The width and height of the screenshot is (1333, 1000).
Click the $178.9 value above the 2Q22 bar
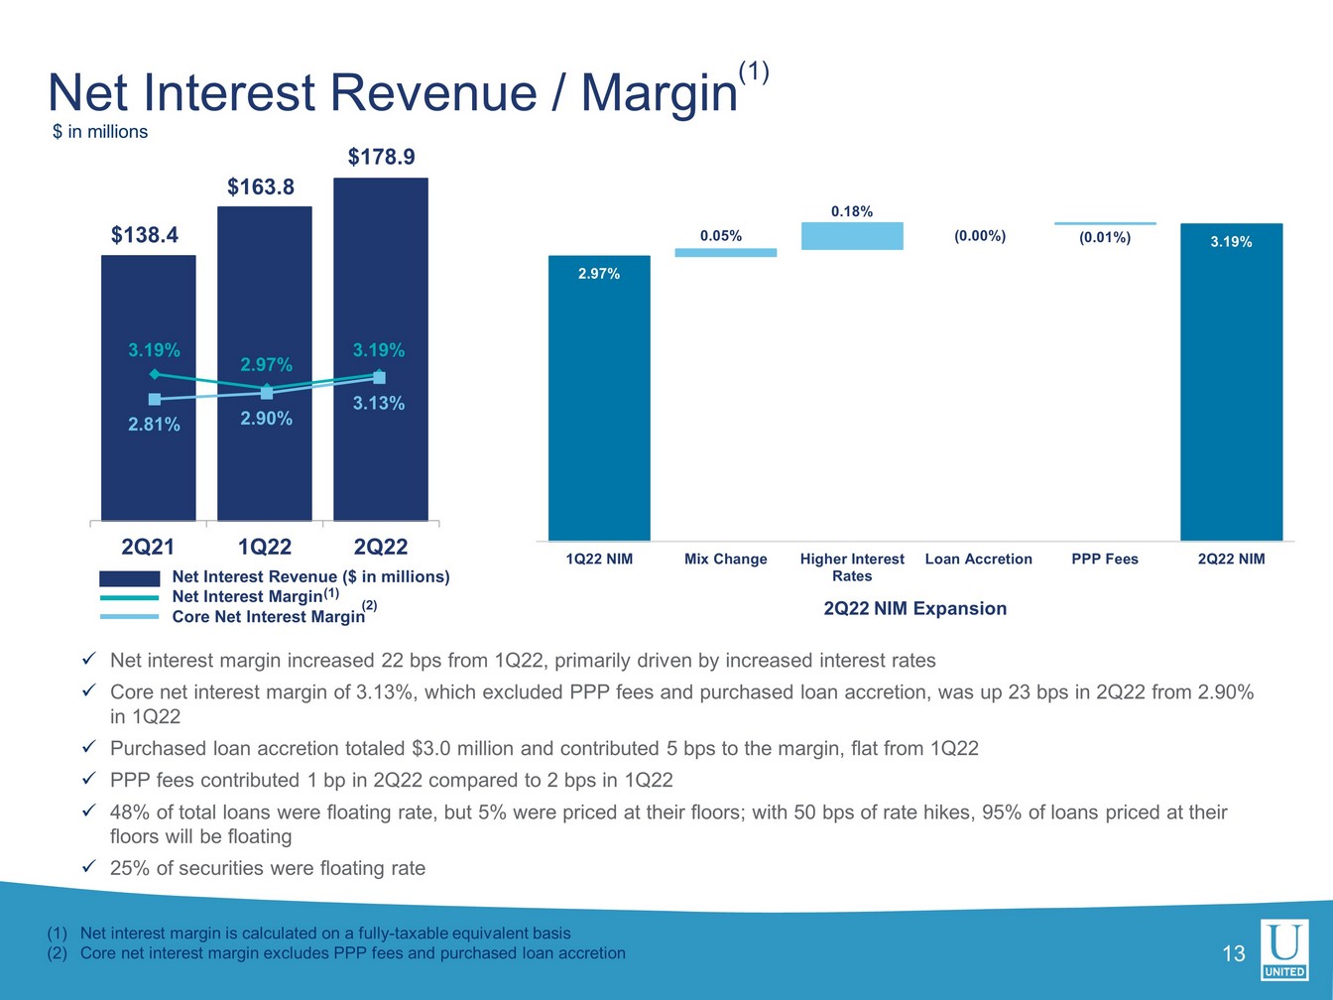[381, 157]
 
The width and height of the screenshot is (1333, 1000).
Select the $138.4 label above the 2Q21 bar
[145, 235]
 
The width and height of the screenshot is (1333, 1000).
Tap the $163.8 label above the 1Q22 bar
[261, 187]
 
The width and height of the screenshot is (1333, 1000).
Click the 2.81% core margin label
[154, 425]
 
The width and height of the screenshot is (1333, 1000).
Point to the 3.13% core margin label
[379, 403]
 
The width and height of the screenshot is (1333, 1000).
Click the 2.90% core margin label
[266, 419]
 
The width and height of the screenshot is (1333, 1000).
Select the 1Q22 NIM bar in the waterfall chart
[599, 397]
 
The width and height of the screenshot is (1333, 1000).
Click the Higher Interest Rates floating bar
[852, 236]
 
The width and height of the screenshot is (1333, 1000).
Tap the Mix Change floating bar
[726, 253]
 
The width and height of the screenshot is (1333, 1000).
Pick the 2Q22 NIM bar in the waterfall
[1231, 382]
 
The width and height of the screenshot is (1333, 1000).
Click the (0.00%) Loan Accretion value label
[980, 236]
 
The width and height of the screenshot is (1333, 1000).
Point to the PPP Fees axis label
[1105, 560]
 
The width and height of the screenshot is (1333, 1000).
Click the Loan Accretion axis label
[978, 560]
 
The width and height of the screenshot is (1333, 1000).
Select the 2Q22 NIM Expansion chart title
[914, 609]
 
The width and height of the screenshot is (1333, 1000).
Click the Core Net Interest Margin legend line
[129, 617]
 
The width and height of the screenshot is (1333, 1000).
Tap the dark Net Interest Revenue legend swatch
[129, 578]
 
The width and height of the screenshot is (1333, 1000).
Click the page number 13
[1233, 954]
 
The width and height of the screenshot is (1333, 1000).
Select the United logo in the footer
[1284, 949]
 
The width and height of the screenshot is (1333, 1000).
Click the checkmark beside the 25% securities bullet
[88, 868]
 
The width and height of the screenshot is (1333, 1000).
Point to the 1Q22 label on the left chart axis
[265, 547]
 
